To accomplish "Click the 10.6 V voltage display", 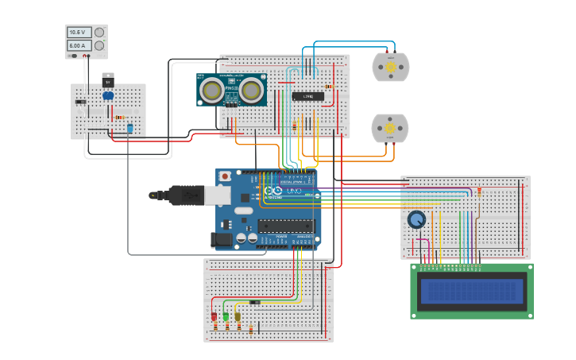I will [x=78, y=33].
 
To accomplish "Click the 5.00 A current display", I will [x=78, y=46].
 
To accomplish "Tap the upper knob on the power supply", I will [x=99, y=33].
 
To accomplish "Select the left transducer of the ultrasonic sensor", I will [x=211, y=90].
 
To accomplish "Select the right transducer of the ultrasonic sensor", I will [x=252, y=90].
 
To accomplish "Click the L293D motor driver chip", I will [x=307, y=96].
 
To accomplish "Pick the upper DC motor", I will [x=390, y=68].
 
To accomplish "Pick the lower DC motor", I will [x=389, y=128].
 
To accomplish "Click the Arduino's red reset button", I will [x=225, y=176].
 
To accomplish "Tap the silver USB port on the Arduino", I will [x=218, y=195].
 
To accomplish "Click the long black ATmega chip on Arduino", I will [x=286, y=226].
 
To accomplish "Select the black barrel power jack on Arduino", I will [x=222, y=238].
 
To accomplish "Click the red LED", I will [x=214, y=315].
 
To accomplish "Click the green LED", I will [x=226, y=315].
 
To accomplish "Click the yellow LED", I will [x=237, y=315].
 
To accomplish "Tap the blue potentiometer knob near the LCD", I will [x=416, y=219].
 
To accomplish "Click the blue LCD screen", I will [x=472, y=292].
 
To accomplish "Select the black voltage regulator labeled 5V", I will [x=108, y=81].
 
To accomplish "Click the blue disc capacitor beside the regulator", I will [x=108, y=96].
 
